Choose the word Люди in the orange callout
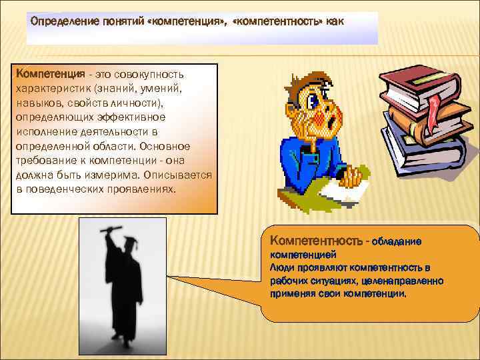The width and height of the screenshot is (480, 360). point(281,267)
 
